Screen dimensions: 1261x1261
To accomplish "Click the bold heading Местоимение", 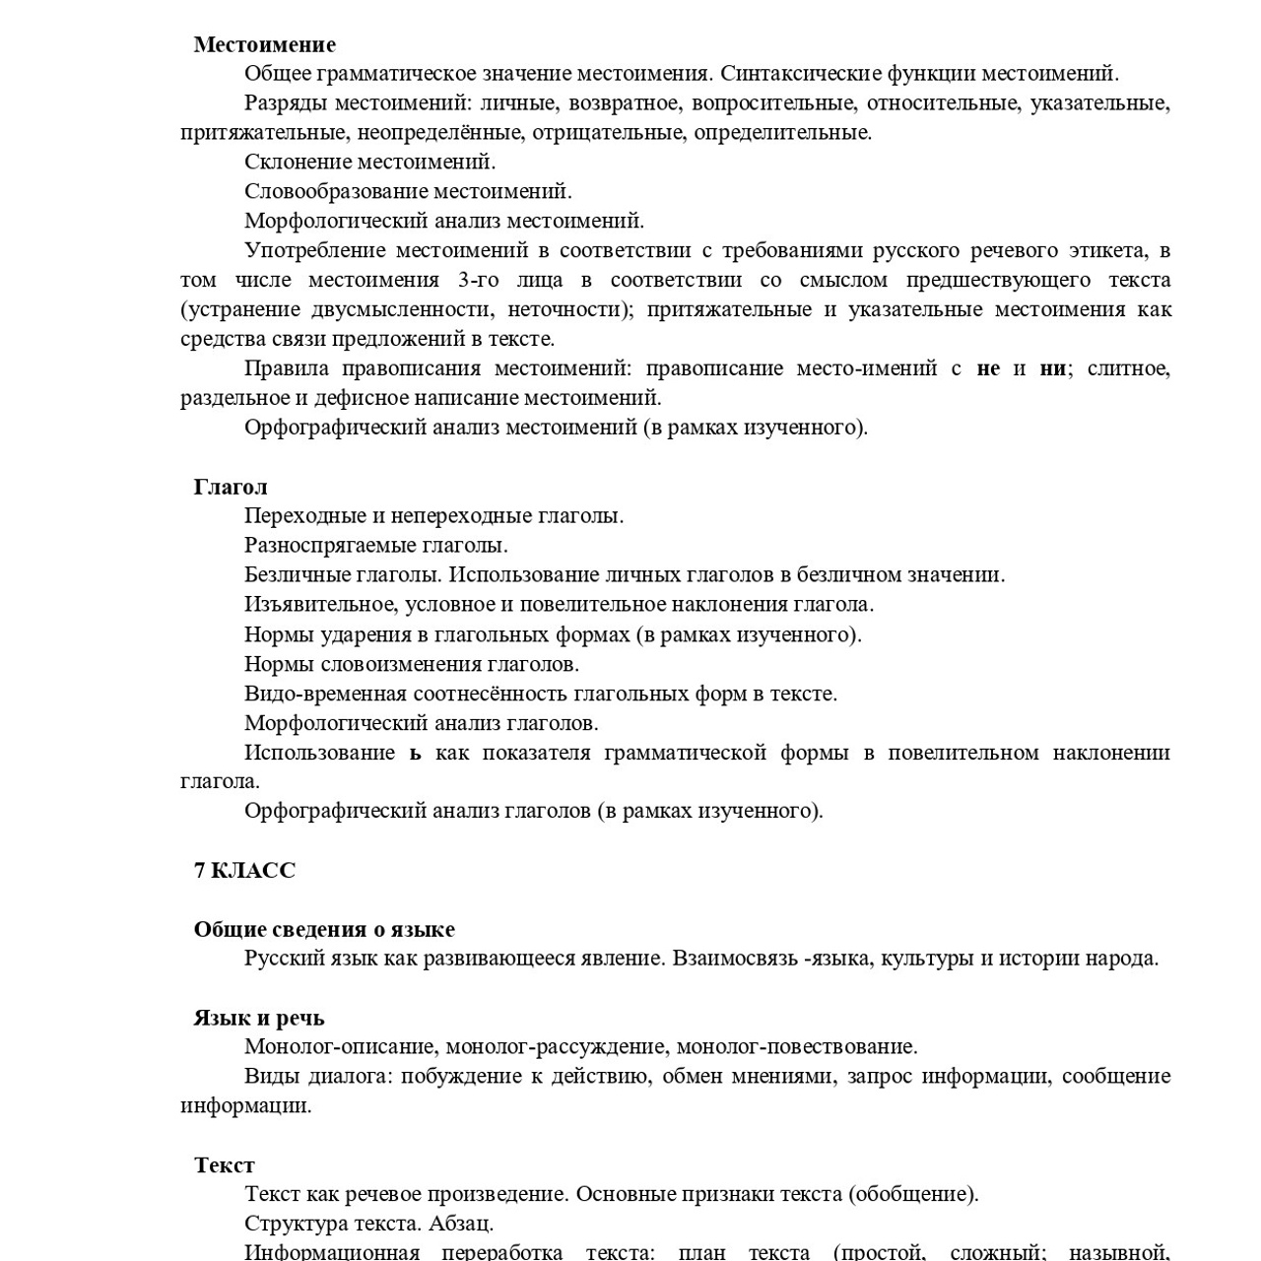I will pyautogui.click(x=264, y=44).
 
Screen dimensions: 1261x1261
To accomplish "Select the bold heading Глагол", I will pyautogui.click(x=230, y=487).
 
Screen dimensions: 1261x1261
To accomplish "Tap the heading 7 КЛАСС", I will pyautogui.click(x=244, y=870).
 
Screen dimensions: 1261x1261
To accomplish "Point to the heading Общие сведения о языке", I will pyautogui.click(x=324, y=929).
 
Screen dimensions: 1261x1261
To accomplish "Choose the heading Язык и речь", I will pyautogui.click(x=259, y=1018).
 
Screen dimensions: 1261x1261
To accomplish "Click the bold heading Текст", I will pyautogui.click(x=224, y=1165).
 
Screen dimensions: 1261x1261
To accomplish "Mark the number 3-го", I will pyautogui.click(x=478, y=280).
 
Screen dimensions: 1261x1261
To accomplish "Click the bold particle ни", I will pyautogui.click(x=1052, y=368).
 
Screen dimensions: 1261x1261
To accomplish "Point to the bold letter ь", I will pyautogui.click(x=416, y=753).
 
